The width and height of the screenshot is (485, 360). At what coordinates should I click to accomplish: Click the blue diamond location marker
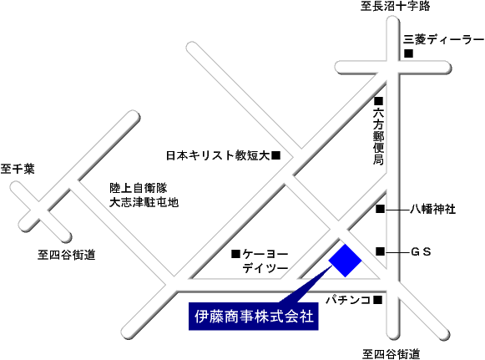point(345,261)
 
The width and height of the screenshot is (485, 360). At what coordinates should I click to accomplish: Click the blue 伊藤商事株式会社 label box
point(254,316)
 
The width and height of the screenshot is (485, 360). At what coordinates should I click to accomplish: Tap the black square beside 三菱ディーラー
point(408,53)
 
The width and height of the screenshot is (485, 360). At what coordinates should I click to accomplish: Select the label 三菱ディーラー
point(443,40)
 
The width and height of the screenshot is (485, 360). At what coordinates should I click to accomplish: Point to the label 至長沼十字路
point(396,6)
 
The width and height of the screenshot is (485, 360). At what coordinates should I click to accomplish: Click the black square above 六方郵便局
point(379,101)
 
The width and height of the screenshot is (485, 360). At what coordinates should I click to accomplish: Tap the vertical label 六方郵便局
point(379,136)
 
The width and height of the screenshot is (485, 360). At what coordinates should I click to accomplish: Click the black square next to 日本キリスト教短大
point(276,155)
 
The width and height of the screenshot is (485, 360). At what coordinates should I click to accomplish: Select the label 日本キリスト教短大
point(219,155)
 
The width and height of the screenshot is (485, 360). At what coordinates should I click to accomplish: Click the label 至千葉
point(18,169)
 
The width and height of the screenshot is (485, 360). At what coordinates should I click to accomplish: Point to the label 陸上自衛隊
point(139,188)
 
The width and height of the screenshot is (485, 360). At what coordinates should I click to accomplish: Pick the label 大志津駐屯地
point(144,202)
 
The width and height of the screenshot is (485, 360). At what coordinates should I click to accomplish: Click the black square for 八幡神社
point(380,209)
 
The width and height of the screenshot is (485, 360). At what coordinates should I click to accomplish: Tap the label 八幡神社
point(432,210)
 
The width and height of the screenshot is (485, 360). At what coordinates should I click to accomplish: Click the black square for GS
point(380,251)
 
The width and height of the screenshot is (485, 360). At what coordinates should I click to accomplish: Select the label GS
point(421,252)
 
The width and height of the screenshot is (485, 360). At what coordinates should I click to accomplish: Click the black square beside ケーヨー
point(235,255)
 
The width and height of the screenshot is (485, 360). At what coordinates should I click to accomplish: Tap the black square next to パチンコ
point(377,300)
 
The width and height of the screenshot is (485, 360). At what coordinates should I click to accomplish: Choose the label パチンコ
point(349,300)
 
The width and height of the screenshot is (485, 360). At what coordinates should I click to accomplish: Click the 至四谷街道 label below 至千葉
point(67,255)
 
